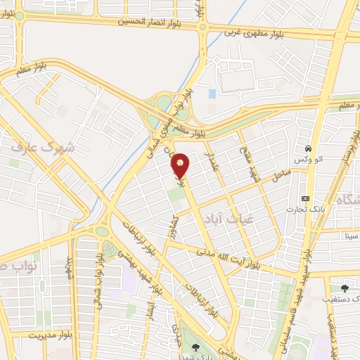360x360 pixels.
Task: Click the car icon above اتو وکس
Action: pos(309,149)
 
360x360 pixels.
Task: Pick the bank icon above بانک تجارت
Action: pos(305,198)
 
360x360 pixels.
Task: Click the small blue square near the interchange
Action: pos(212,94)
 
